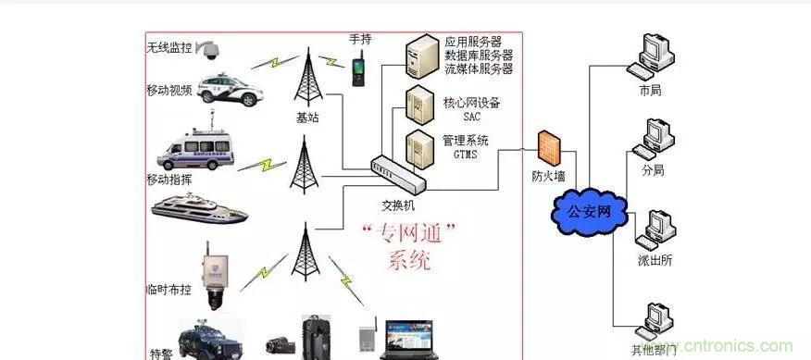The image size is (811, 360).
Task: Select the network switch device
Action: (x=394, y=173)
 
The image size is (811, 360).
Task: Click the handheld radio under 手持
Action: (x=357, y=70)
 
